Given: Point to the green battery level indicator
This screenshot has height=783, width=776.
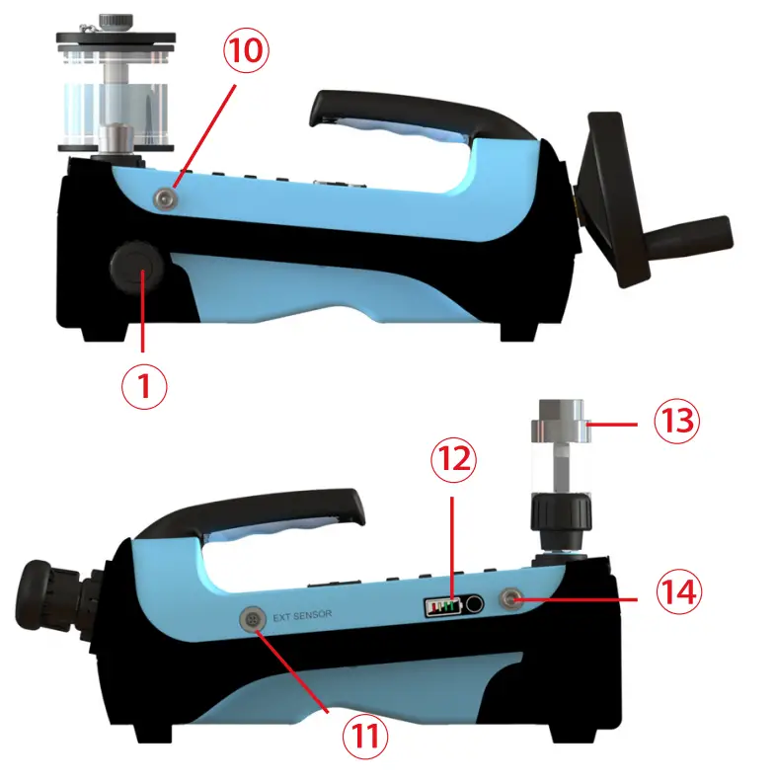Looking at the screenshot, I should [443, 604].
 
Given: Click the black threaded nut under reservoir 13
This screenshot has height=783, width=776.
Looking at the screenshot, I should [559, 518].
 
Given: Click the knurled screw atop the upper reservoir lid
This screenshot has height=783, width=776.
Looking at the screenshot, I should [119, 18].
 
